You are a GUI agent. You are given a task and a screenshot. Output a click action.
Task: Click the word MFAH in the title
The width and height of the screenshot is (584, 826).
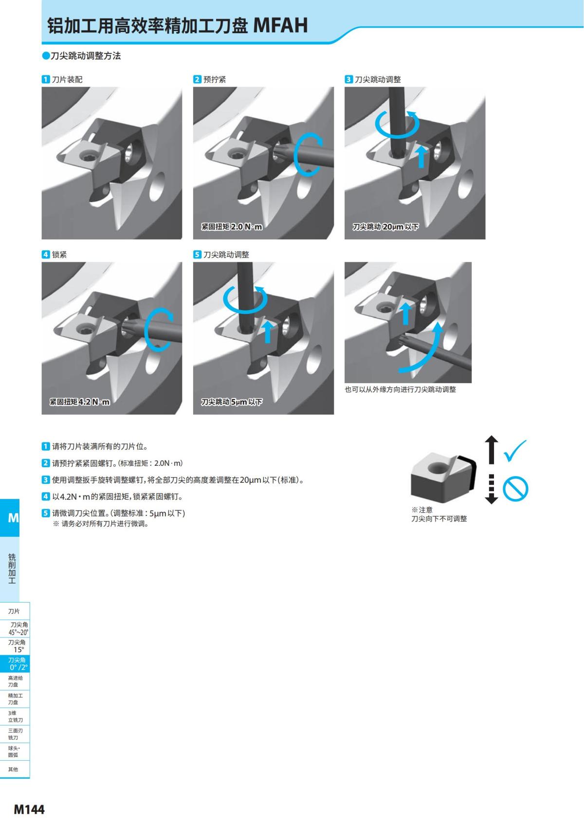click(280, 25)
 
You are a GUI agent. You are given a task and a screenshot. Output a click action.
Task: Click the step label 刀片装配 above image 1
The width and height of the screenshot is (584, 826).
click(67, 79)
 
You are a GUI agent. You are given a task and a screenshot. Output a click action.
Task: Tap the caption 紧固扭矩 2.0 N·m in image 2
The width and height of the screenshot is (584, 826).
click(232, 227)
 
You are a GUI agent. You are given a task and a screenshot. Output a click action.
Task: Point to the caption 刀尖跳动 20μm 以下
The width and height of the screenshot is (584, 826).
click(385, 227)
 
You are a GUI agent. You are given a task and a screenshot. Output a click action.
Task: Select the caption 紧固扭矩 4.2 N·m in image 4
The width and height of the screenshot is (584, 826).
click(80, 402)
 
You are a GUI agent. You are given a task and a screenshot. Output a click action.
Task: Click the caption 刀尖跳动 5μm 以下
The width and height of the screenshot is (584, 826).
click(232, 402)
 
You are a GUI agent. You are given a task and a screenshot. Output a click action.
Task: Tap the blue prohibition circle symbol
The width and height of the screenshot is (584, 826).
click(515, 488)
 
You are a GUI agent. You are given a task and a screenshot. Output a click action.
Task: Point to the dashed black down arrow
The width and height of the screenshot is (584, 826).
click(492, 489)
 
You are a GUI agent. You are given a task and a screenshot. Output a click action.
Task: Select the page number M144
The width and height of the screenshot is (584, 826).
click(29, 809)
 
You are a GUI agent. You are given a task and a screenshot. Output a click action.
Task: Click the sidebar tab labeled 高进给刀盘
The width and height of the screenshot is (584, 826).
click(15, 681)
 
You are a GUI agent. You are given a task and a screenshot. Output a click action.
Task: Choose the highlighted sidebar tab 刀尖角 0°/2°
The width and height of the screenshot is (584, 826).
click(15, 664)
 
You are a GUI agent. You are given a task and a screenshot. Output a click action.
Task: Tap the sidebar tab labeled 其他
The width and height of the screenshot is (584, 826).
click(13, 770)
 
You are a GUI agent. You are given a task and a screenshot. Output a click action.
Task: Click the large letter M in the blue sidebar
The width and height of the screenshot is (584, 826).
click(13, 518)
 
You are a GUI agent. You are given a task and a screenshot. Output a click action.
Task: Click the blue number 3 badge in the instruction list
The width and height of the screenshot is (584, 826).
click(46, 480)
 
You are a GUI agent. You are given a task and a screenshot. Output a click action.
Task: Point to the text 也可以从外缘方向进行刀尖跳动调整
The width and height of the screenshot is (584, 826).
click(400, 389)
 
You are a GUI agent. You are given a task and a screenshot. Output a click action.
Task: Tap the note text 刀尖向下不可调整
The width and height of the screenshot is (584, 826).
click(439, 519)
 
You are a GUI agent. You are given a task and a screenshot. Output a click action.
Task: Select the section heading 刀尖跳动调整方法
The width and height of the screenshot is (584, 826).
click(86, 56)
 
